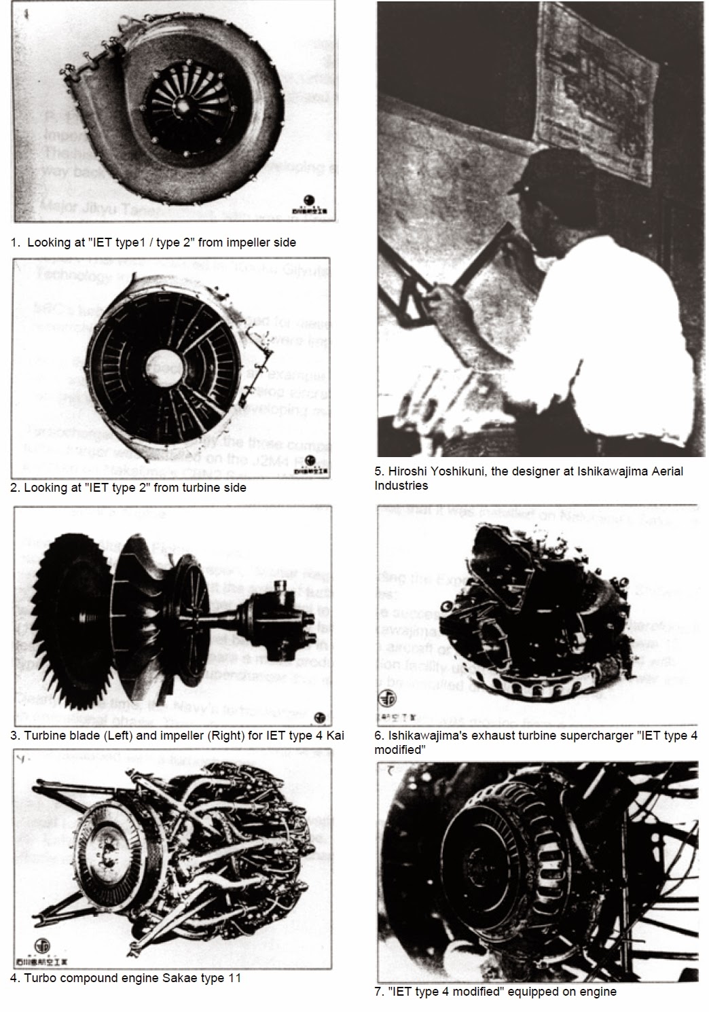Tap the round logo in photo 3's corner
(320, 717)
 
